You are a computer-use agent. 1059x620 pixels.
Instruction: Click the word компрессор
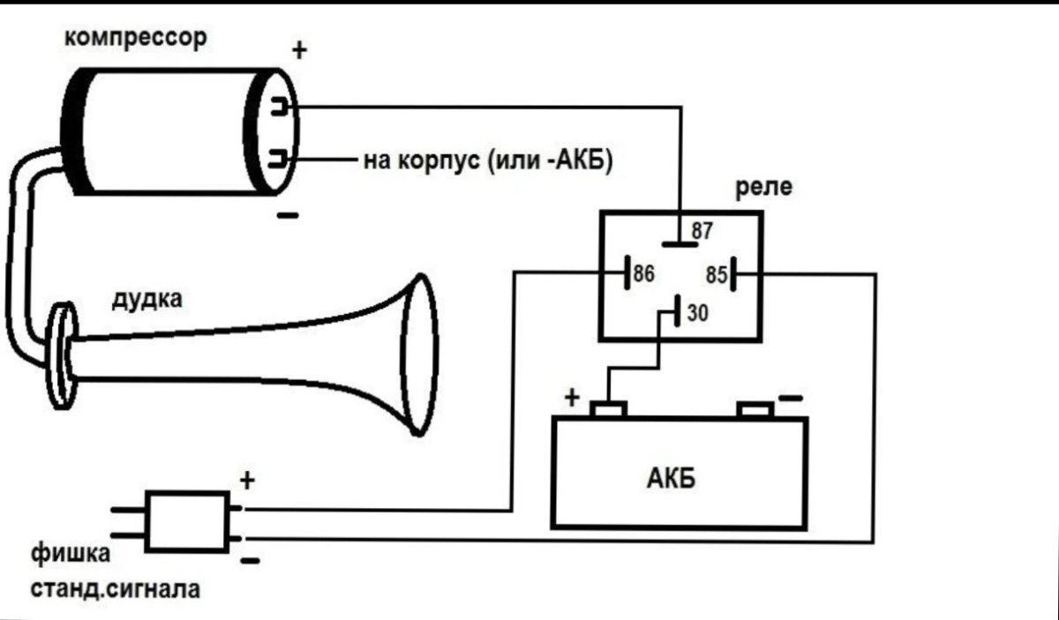point(136,38)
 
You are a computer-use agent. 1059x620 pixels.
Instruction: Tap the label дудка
point(147,300)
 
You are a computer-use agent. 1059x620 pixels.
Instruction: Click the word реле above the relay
point(763,188)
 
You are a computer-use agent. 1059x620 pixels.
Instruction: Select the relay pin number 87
point(702,231)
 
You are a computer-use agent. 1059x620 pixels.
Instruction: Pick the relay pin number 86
point(644,273)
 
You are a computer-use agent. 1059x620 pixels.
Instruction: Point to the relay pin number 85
point(717,275)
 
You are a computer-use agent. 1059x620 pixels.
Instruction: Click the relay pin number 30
point(698,313)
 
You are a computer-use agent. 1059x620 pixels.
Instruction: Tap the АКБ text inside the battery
point(671,479)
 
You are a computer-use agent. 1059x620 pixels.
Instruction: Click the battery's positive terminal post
point(608,409)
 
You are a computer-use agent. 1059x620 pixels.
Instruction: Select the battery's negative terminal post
point(755,410)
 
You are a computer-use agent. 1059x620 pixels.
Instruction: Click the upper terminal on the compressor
point(279,107)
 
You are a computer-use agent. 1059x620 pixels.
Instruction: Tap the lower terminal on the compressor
point(279,159)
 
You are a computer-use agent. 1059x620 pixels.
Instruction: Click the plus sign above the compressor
point(299,49)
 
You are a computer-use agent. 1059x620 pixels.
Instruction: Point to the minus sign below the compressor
point(288,215)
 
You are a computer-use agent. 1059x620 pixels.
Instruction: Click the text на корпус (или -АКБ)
point(488,161)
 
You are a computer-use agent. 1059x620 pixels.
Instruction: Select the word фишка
point(71,553)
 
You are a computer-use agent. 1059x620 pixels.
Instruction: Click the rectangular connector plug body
point(187,522)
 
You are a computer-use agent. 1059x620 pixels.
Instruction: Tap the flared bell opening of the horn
point(419,355)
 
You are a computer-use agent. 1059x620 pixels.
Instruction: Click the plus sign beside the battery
point(572,398)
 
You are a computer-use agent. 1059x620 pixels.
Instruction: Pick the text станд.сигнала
point(116,589)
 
